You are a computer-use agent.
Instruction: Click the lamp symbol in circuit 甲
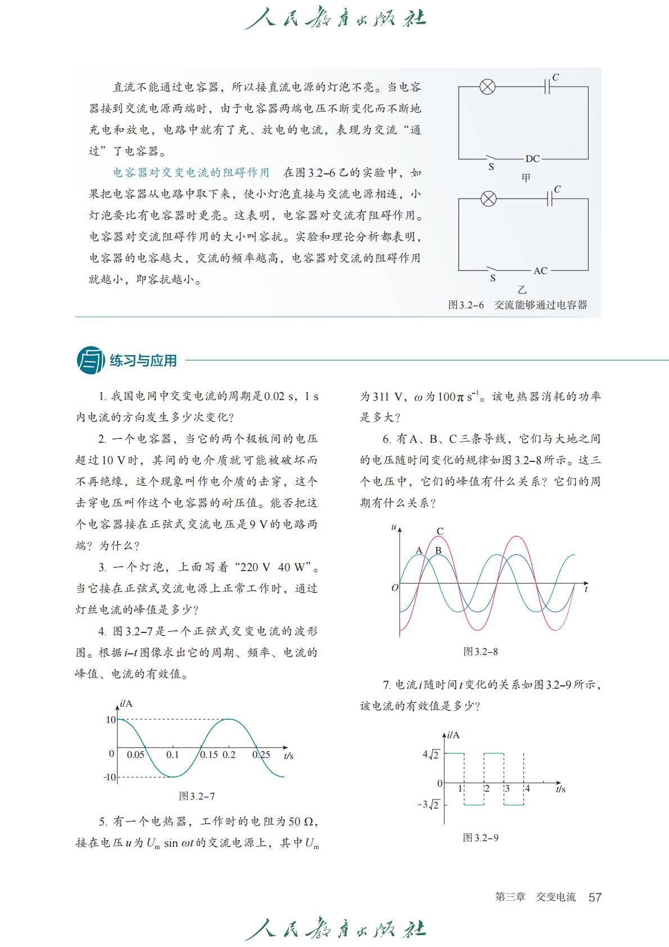pos(487,87)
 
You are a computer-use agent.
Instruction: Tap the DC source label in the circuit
pos(532,159)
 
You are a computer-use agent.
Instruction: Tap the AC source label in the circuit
pos(540,271)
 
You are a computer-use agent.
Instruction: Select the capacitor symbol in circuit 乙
pos(549,198)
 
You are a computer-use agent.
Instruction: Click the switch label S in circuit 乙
pos(493,279)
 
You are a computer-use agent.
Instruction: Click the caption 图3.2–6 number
pos(466,305)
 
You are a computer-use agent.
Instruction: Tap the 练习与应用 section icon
pos(90,360)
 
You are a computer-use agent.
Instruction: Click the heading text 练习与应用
pos(143,361)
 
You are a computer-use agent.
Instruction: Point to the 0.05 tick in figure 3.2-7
pos(135,755)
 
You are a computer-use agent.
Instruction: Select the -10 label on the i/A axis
pos(109,777)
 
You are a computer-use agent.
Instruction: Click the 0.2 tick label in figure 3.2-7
pos(229,755)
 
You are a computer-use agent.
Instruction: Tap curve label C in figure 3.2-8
pos(440,531)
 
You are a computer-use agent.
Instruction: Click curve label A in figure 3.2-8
pos(419,550)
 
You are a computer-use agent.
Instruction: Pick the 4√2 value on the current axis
pos(431,754)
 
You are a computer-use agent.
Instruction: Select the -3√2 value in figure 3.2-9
pos(428,805)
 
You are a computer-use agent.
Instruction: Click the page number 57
pos(595,897)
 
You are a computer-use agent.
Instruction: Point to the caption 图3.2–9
pos(481,838)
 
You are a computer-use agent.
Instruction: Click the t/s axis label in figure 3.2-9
pos(560,789)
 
